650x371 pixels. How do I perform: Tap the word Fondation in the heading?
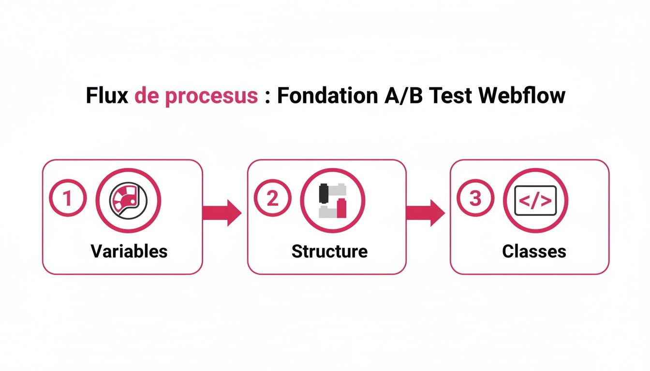[x=327, y=96]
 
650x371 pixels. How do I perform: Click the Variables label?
[x=129, y=251]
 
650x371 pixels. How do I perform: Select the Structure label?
[x=329, y=251]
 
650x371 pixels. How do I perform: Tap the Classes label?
[x=534, y=251]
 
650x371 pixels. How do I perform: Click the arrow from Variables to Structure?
[x=222, y=212]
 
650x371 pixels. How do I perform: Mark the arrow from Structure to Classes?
[x=426, y=212]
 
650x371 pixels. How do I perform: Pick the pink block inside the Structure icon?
[x=342, y=208]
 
